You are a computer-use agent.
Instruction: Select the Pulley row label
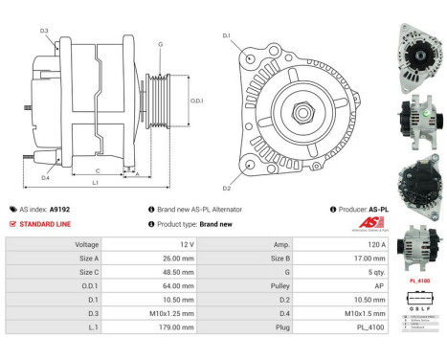pyautogui.click(x=281, y=285)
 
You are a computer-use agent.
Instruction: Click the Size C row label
pyautogui.click(x=86, y=272)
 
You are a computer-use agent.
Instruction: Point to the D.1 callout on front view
pyautogui.click(x=226, y=35)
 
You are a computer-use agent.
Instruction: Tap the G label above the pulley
pyautogui.click(x=160, y=44)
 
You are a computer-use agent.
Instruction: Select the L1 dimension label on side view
pyautogui.click(x=94, y=181)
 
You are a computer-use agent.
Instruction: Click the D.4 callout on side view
pyautogui.click(x=45, y=176)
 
